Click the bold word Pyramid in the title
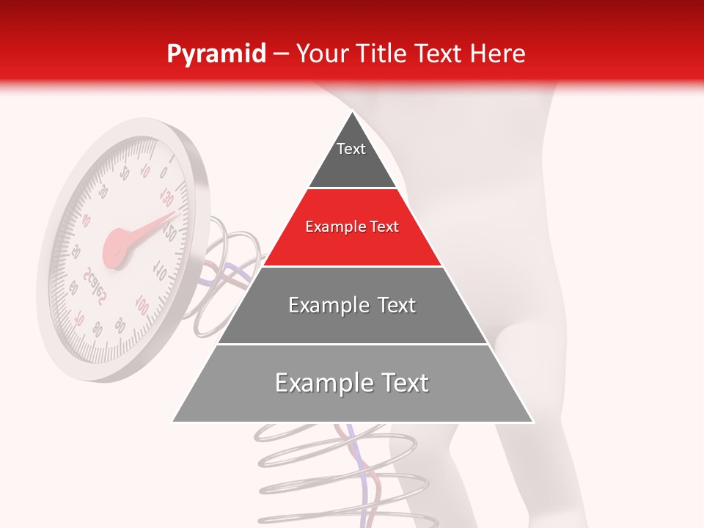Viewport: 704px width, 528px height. point(216,54)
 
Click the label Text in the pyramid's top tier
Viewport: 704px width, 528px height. point(351,149)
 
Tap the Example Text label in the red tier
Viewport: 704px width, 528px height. point(352,227)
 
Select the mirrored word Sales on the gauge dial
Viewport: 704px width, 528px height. point(96,287)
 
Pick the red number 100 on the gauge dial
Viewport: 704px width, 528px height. point(142,304)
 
